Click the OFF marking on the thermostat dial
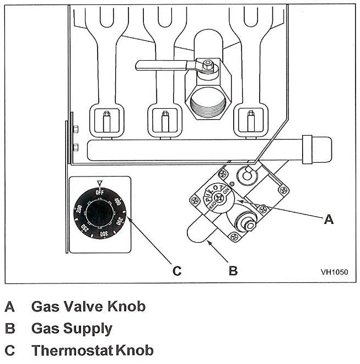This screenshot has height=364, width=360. (100, 191)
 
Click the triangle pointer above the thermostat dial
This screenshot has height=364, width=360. (100, 183)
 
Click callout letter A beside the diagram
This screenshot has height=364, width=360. (329, 220)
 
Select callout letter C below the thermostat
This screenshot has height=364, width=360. (176, 270)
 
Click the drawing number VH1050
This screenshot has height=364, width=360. (334, 272)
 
